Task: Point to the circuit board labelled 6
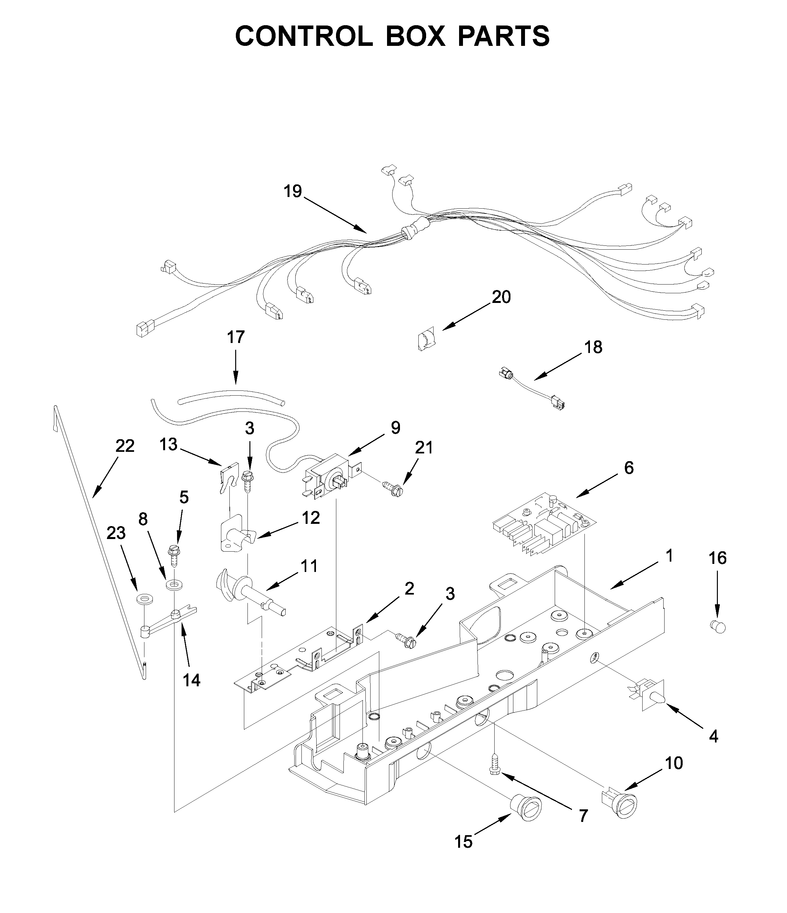[544, 526]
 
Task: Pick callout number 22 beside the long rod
[124, 446]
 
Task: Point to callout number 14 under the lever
[191, 680]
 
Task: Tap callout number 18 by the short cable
[593, 347]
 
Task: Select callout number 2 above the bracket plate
[409, 589]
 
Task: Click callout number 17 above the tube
[236, 337]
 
